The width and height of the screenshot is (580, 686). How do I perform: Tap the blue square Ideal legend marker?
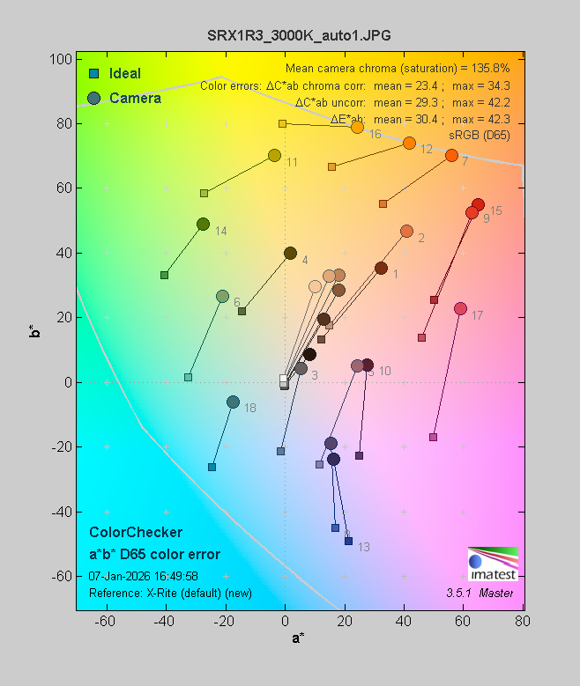[x=93, y=73]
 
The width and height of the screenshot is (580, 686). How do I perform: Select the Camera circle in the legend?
[x=94, y=98]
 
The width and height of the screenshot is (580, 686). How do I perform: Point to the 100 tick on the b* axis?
[x=60, y=59]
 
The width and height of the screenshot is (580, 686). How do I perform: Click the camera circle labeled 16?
[x=357, y=128]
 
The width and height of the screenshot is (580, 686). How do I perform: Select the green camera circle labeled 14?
[x=203, y=225]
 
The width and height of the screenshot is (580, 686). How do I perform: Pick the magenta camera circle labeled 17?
[x=460, y=309]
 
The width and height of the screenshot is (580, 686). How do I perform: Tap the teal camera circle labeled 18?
[x=233, y=402]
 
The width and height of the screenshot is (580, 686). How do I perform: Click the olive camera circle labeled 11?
[x=274, y=156]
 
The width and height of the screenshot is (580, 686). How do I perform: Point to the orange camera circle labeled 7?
[x=451, y=156]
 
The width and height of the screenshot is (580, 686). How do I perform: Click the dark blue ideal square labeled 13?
[x=348, y=541]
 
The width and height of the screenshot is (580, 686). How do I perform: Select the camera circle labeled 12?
[x=409, y=144]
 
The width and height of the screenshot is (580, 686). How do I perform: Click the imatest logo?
[x=492, y=564]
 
